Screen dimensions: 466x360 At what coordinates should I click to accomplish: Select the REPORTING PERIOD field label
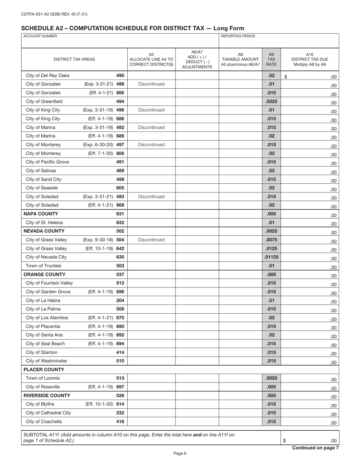(238, 36)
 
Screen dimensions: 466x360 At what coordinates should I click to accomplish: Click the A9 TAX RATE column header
(271, 59)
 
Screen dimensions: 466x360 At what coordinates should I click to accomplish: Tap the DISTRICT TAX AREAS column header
(74, 59)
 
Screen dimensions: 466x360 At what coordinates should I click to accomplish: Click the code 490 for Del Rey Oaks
(120, 75)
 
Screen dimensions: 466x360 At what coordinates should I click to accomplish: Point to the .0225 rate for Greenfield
(271, 101)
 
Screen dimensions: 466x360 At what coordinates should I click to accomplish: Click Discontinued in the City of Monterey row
(151, 145)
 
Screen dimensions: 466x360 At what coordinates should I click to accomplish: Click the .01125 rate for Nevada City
(271, 257)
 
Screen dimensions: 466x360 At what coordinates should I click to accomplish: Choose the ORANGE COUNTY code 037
(120, 274)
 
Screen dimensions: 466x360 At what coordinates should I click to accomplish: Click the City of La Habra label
(43, 300)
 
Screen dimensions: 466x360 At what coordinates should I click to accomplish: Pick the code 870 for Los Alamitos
(120, 318)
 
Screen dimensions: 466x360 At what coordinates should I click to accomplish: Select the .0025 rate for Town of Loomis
(271, 378)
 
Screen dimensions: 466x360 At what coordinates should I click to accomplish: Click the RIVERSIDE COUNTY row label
(47, 396)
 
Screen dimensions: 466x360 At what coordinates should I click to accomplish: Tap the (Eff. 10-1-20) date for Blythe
(99, 404)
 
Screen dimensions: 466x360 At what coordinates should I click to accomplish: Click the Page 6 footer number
(180, 453)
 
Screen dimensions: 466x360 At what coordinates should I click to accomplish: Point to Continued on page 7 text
(315, 448)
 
